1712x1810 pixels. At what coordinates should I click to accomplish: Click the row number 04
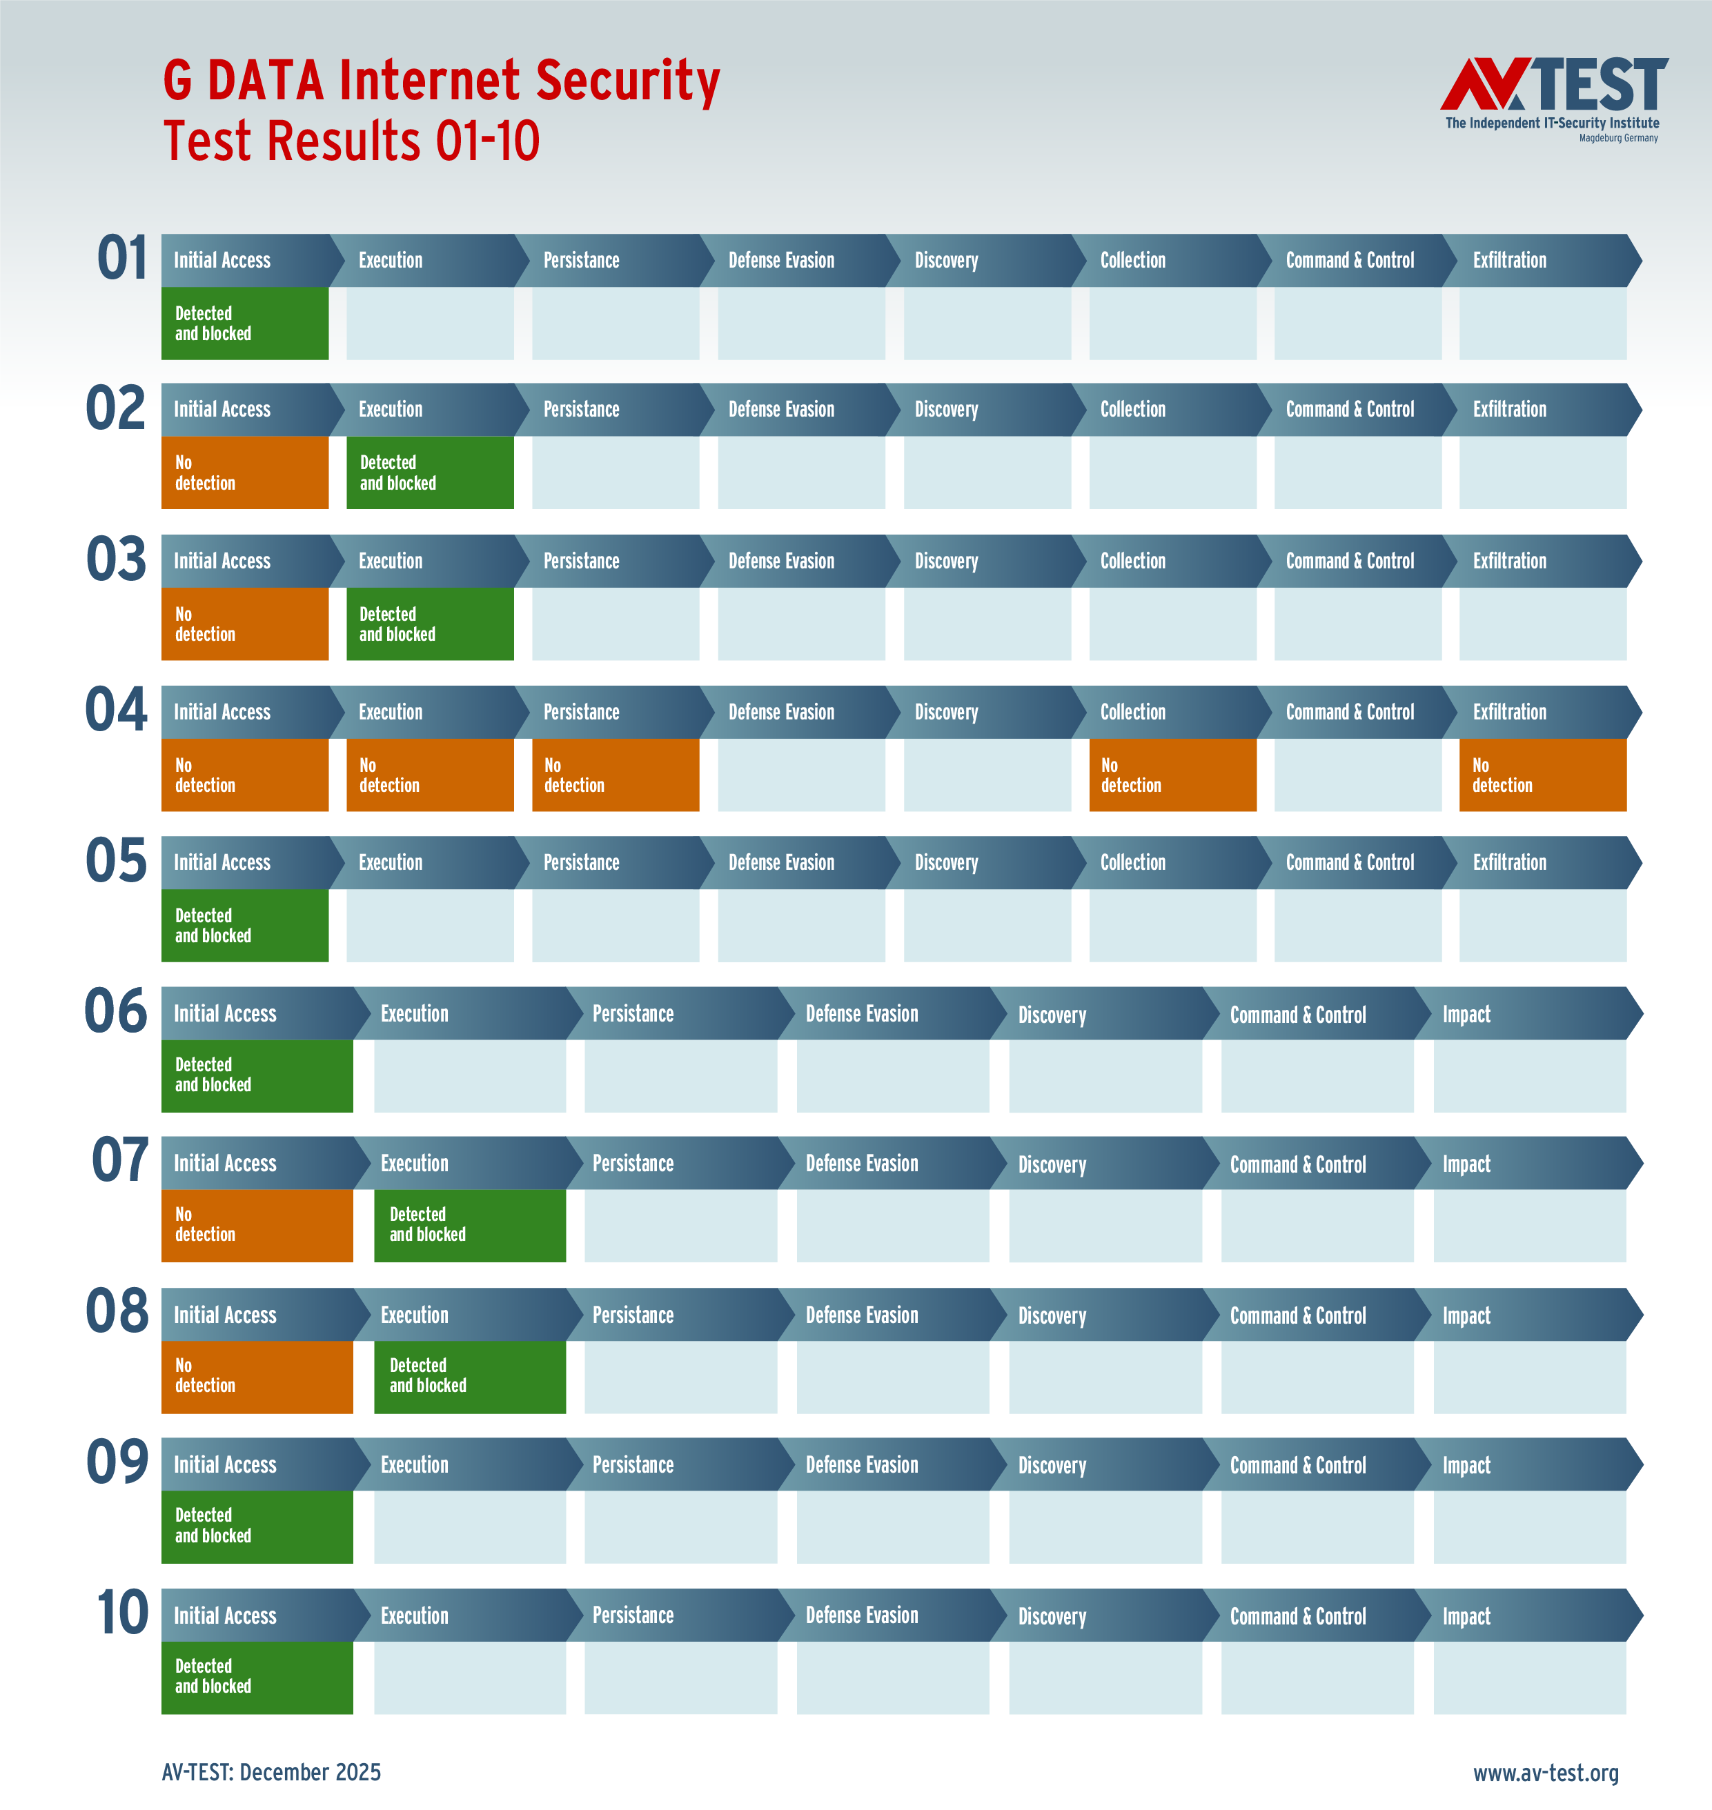tap(116, 710)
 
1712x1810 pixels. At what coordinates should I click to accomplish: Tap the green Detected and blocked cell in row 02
tap(430, 473)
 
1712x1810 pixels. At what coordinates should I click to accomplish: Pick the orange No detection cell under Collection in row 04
tap(1172, 775)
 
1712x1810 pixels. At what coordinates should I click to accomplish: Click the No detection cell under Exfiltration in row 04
tap(1542, 775)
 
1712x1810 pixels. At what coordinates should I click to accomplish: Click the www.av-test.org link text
tap(1545, 1773)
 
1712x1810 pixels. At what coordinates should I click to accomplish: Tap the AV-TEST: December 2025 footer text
tap(271, 1771)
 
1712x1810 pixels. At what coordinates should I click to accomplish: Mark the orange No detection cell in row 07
tap(257, 1225)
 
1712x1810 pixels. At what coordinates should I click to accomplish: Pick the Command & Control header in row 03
tap(1350, 561)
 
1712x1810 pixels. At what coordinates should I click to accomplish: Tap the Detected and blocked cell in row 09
tap(257, 1526)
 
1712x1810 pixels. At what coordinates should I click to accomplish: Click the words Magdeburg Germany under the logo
tap(1618, 139)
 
